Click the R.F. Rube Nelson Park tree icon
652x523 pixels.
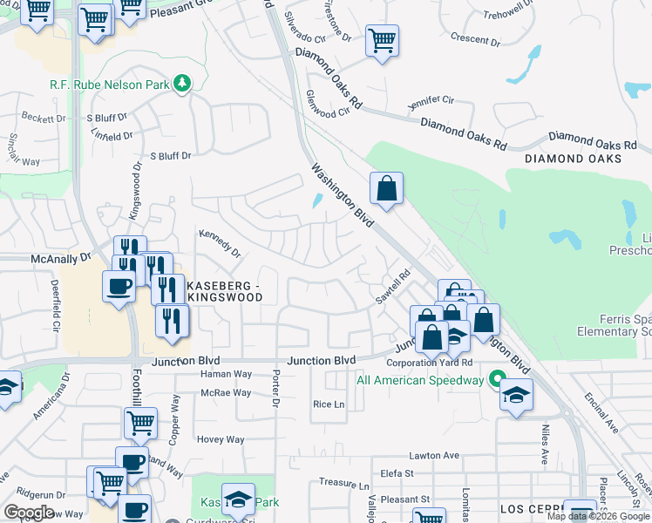[x=182, y=85]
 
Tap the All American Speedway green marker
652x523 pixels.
[x=497, y=380]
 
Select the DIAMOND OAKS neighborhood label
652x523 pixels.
[x=573, y=159]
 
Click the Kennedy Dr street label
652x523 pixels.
[x=219, y=243]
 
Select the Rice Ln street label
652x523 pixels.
[x=329, y=404]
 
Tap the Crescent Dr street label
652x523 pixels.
[x=475, y=39]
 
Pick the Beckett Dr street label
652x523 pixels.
[x=44, y=117]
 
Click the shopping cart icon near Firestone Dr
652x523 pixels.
[x=382, y=40]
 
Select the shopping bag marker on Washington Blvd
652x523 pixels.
[x=386, y=187]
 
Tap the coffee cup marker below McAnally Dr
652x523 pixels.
[x=119, y=285]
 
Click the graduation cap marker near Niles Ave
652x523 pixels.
[x=516, y=394]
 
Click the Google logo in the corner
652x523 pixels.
[x=29, y=513]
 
